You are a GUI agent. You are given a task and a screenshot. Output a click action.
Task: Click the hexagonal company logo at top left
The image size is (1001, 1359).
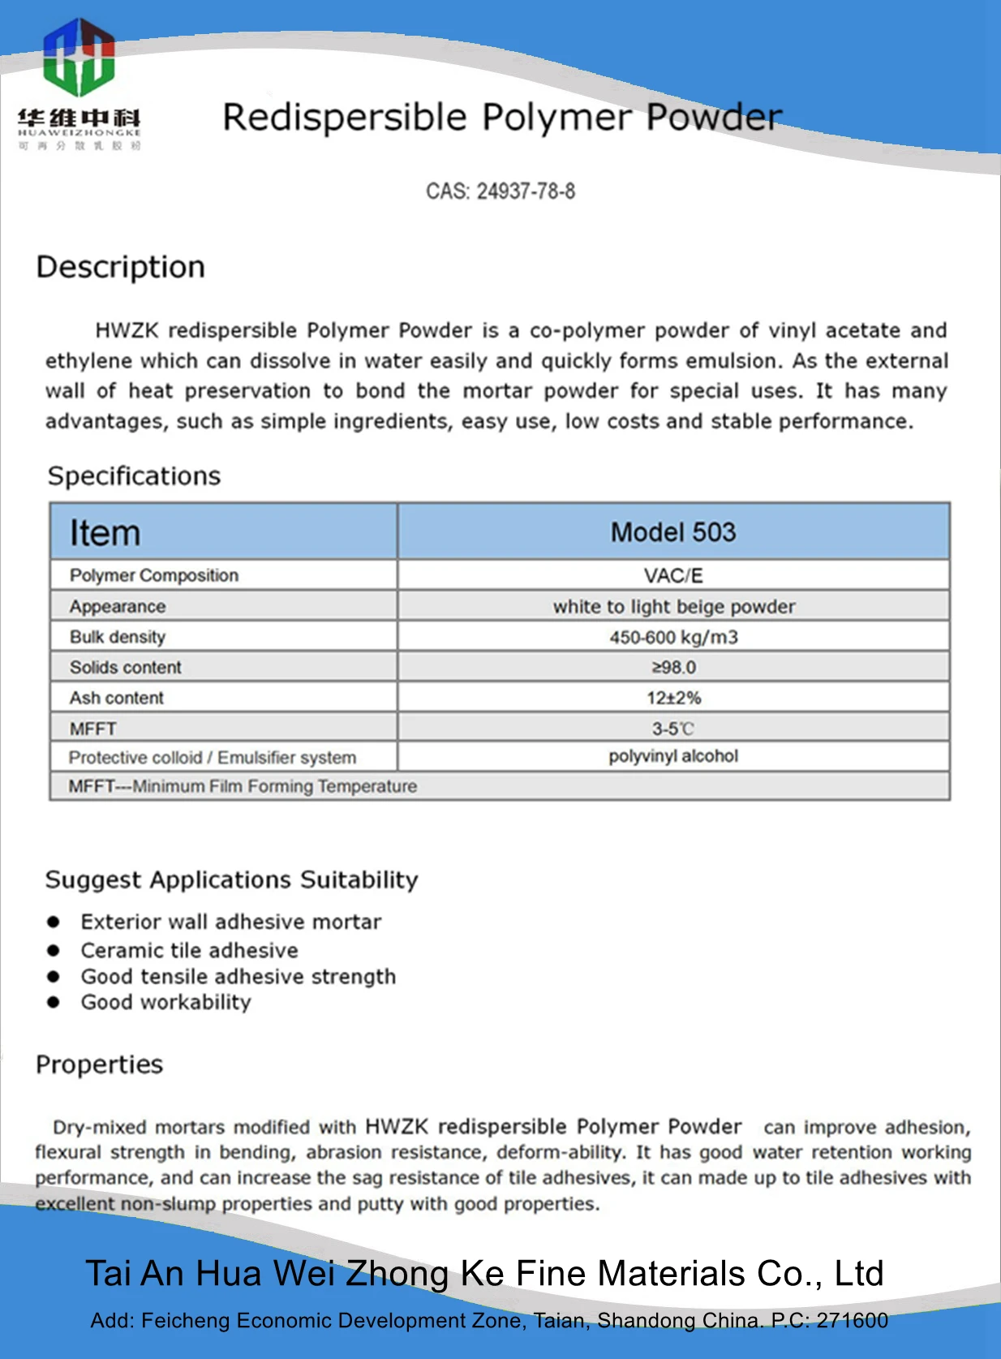coord(79,57)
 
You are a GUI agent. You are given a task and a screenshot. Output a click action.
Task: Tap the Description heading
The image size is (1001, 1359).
coord(121,267)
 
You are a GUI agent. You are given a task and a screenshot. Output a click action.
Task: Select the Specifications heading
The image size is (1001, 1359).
coord(134,475)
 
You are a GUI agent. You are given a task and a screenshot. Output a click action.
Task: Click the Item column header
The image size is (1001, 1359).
coord(105,533)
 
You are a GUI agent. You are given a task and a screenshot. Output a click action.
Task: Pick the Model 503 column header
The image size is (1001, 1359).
coord(672,532)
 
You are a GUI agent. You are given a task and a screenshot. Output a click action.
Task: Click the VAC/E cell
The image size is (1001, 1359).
coord(672,575)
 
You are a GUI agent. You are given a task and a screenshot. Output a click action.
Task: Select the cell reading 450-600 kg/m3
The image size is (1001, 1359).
coord(673,637)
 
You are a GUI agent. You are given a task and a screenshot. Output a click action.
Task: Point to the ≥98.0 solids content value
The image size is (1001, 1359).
coord(673,667)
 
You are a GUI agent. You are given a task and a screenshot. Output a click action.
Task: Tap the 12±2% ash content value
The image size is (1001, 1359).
coord(673,698)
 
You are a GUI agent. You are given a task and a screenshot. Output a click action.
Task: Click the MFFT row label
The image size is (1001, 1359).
coord(93,729)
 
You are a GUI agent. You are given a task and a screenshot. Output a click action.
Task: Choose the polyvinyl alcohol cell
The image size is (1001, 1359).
coord(673,756)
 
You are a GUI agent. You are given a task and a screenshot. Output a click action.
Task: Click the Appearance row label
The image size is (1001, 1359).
coord(118,607)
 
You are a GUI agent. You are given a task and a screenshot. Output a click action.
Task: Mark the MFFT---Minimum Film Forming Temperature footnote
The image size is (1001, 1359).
coord(243,786)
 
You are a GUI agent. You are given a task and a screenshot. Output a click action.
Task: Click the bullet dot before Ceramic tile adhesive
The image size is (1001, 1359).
coord(54,950)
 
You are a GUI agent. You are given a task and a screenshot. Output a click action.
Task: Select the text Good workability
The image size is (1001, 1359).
coord(165,1002)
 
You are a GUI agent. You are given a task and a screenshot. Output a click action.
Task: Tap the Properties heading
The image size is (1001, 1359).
coord(99,1064)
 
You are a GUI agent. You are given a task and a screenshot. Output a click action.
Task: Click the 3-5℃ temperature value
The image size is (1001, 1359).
coord(673,729)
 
